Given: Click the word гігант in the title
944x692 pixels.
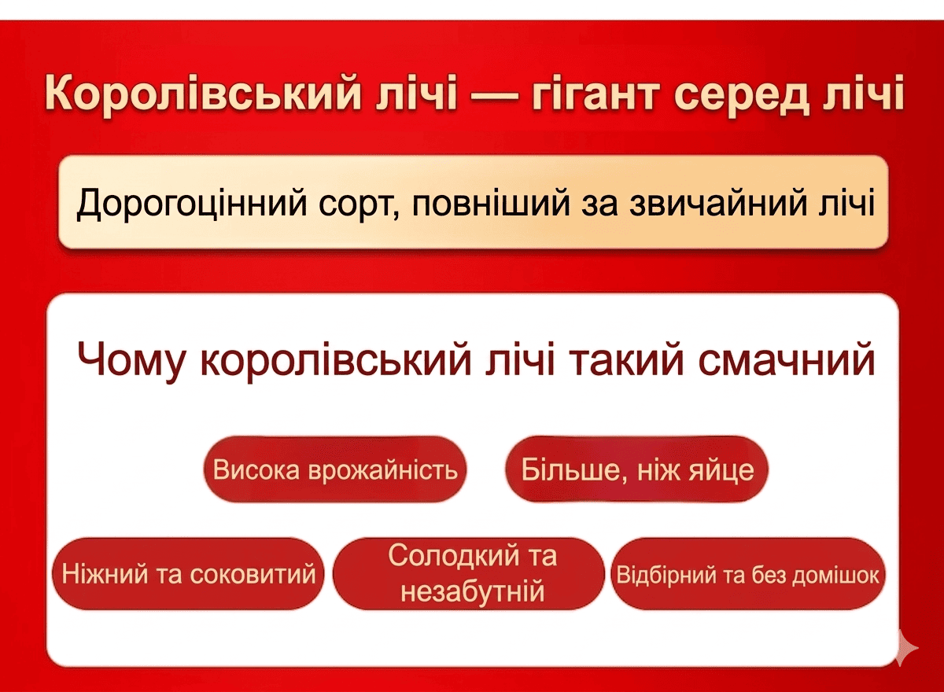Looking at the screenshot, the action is tap(595, 94).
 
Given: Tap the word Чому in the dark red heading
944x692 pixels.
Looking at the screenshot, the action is tap(131, 360).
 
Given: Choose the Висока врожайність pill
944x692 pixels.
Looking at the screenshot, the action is tap(335, 469).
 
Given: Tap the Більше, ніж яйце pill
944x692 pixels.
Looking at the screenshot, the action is tap(636, 469).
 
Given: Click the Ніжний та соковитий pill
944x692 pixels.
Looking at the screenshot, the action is tap(188, 573).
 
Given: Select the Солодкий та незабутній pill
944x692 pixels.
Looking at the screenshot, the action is tap(469, 573).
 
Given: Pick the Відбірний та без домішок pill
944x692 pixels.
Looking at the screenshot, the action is tap(747, 573).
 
